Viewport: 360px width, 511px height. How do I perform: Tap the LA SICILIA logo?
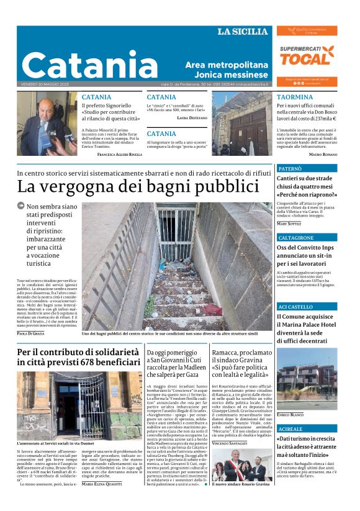243,32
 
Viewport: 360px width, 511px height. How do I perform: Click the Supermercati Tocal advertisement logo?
307,56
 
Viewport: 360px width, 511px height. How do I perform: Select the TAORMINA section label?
295,97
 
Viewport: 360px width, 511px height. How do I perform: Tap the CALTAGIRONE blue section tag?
297,238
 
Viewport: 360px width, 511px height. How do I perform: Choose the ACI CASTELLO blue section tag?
295,307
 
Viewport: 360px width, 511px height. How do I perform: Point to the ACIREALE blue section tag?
291,429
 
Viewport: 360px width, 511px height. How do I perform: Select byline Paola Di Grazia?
30,333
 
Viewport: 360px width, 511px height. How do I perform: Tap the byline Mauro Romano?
323,154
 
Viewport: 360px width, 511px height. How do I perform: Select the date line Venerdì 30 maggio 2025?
46,84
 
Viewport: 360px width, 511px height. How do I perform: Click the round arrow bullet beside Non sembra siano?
21,206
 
